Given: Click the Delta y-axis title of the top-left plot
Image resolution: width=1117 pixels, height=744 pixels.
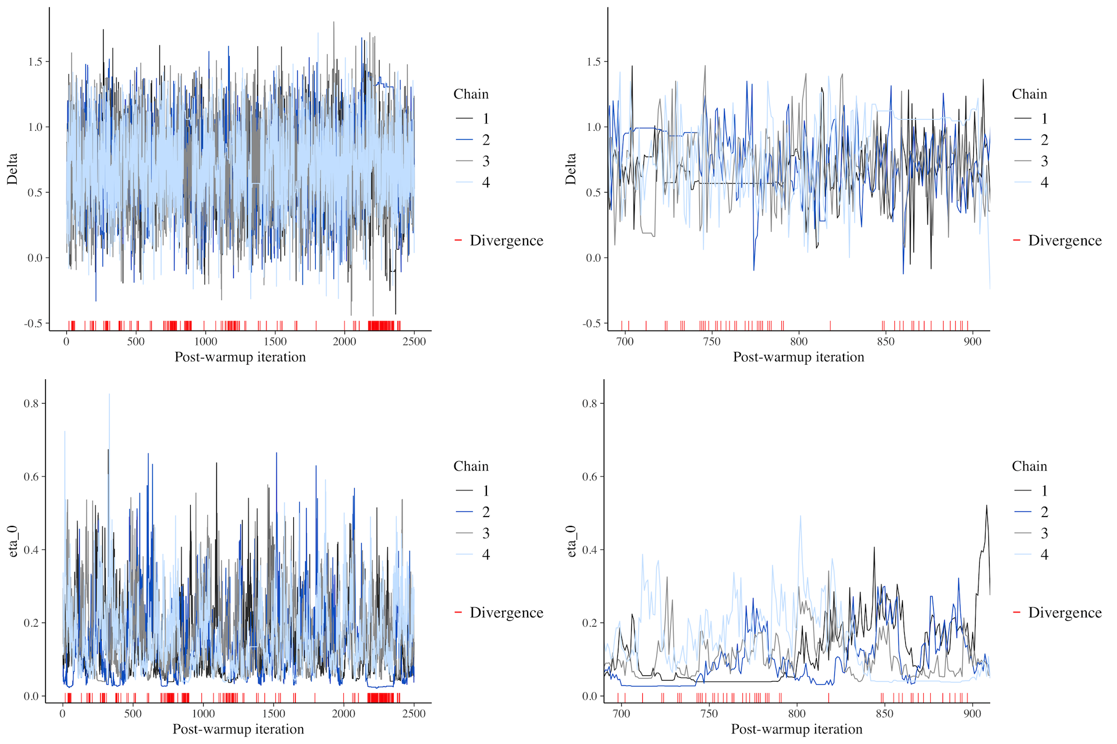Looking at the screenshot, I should (12, 169).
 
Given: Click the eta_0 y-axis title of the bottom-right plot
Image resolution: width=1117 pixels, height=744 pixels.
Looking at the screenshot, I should (571, 541).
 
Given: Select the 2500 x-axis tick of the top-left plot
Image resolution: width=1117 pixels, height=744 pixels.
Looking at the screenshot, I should (414, 341).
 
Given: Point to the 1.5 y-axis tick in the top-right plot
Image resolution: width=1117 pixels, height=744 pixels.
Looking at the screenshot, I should (594, 62).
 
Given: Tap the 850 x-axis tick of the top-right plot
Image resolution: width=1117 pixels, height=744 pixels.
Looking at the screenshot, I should (885, 341).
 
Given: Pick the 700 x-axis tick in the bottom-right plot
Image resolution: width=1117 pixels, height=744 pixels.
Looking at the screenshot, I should (621, 713).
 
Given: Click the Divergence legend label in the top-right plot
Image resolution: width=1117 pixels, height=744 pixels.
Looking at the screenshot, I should (1065, 240).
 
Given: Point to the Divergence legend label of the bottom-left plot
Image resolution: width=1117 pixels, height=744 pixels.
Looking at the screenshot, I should (506, 613).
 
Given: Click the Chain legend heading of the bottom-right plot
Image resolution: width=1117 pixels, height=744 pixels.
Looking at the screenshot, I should (1029, 466).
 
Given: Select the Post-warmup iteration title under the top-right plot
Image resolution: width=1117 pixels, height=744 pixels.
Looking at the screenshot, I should (798, 357).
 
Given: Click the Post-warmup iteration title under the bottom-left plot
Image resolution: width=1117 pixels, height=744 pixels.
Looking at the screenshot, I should (238, 729).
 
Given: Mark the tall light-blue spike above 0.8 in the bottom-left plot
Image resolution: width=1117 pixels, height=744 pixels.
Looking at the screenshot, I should (109, 396).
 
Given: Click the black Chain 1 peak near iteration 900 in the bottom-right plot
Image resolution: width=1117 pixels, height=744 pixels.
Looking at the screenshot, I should (986, 506).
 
